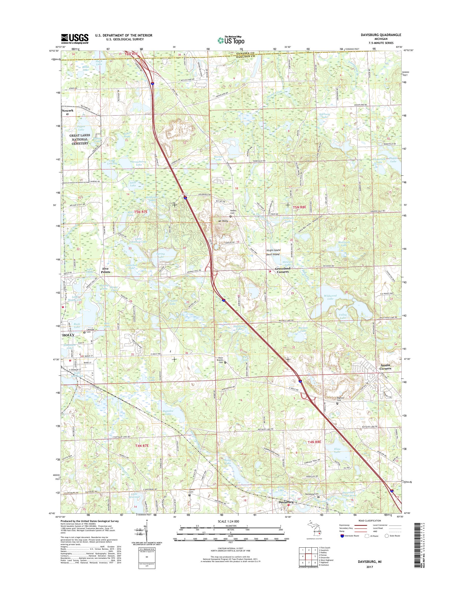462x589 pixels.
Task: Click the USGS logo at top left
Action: click(x=75, y=39)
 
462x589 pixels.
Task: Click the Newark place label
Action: click(x=68, y=111)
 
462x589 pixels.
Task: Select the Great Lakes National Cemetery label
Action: click(x=79, y=139)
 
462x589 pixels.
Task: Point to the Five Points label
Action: click(x=106, y=270)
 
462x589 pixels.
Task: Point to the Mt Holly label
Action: click(x=223, y=221)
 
